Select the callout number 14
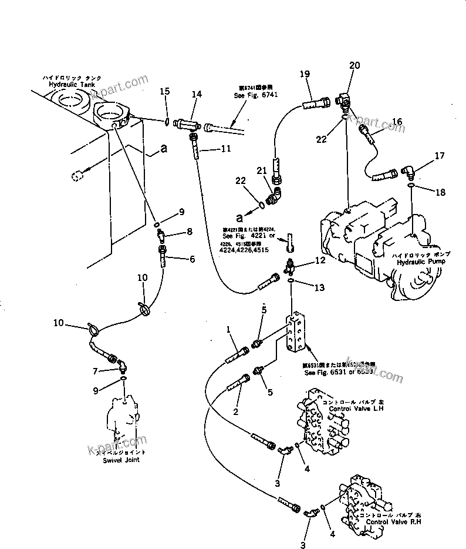196,94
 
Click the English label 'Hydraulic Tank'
72,85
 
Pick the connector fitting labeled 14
188,125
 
